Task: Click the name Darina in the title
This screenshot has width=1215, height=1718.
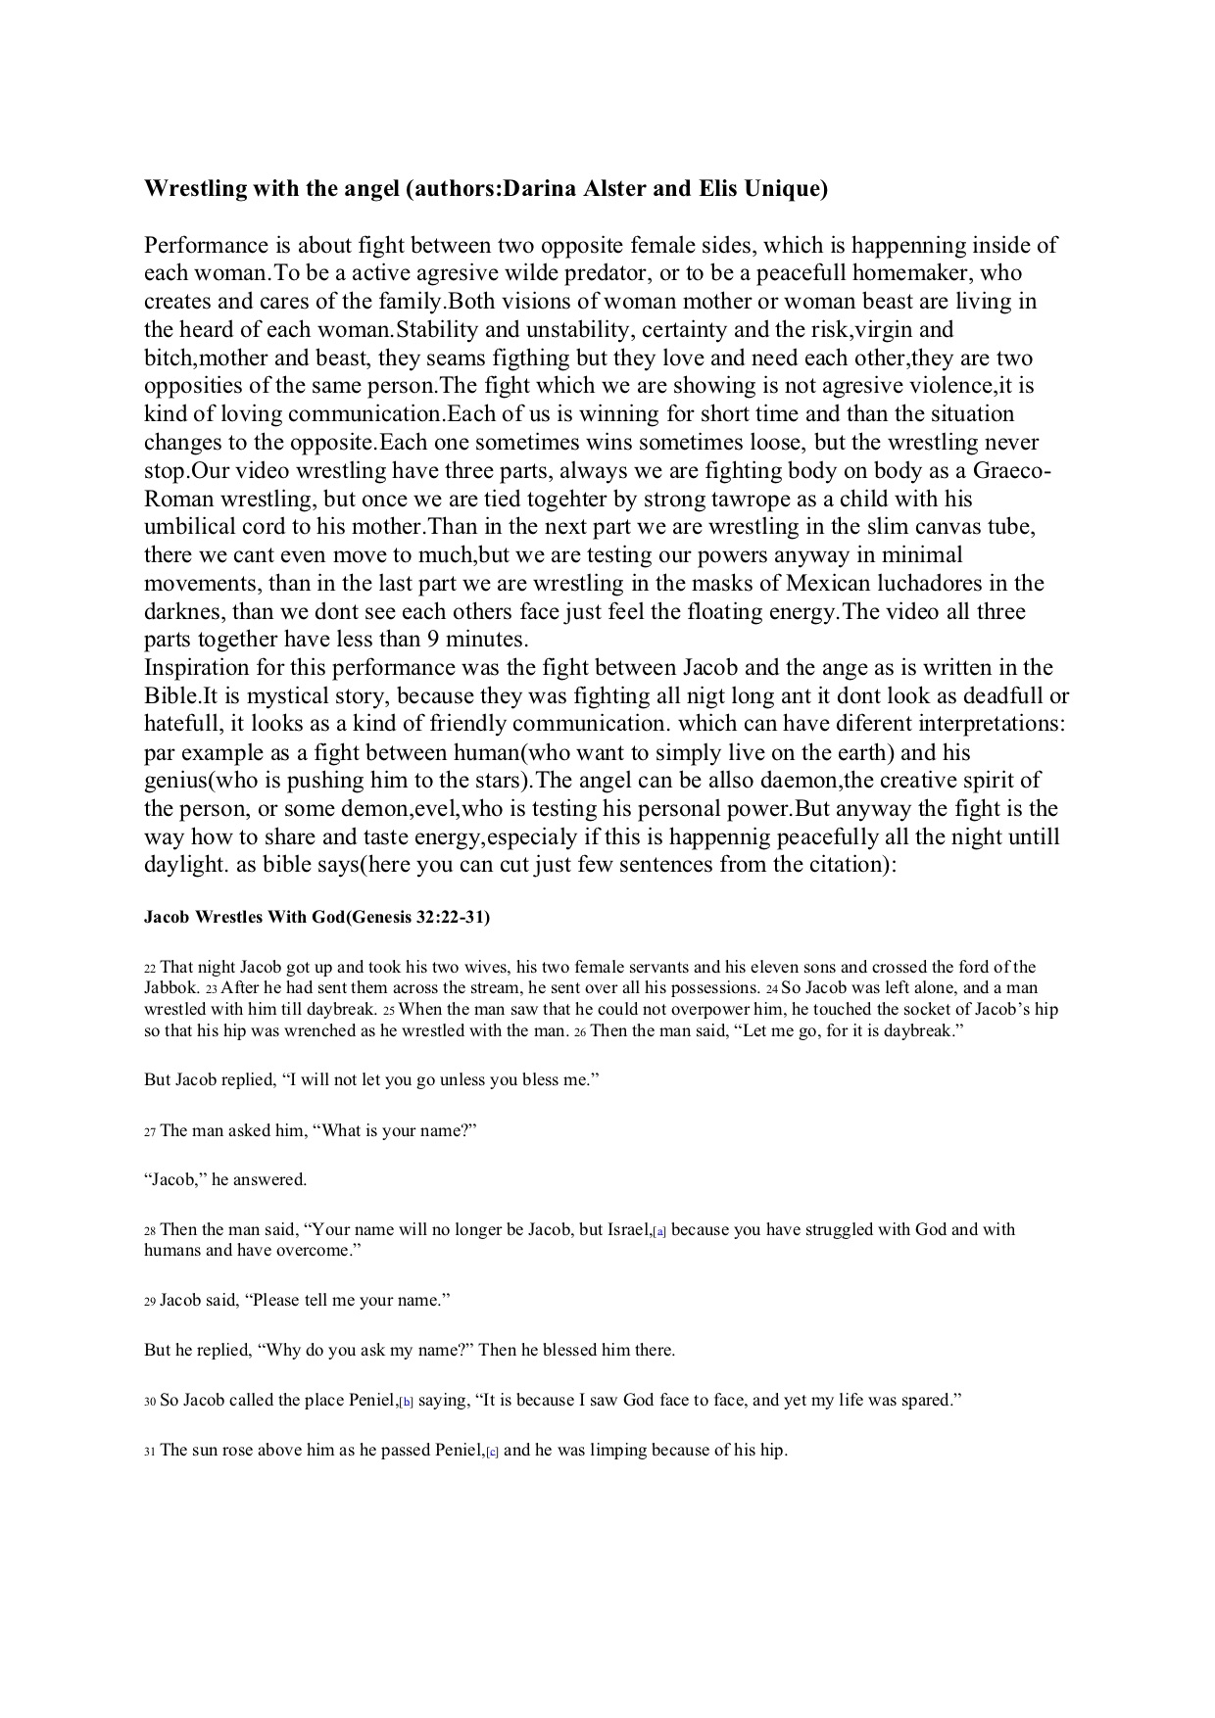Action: coord(543,189)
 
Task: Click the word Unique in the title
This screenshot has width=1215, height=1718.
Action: coord(785,189)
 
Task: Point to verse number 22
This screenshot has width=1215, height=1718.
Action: coord(150,968)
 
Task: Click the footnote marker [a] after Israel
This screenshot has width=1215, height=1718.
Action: coord(659,1231)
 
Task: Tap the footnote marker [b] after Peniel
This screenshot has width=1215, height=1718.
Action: coord(407,1402)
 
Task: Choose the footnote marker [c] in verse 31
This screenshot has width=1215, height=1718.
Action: coord(492,1452)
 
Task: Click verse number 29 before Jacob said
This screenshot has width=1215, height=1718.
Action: coord(150,1302)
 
